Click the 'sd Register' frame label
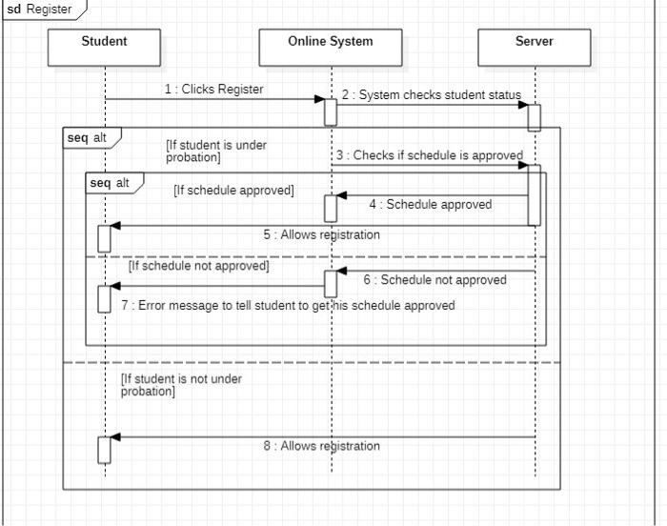pyautogui.click(x=40, y=9)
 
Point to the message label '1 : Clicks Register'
pyautogui.click(x=213, y=90)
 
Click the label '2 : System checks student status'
pyautogui.click(x=432, y=95)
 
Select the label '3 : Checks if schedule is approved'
pyautogui.click(x=429, y=155)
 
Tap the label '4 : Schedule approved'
pyautogui.click(x=431, y=204)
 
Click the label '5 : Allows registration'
pyautogui.click(x=322, y=234)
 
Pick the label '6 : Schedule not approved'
pyautogui.click(x=435, y=280)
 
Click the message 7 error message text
pyautogui.click(x=288, y=306)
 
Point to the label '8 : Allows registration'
pyautogui.click(x=322, y=446)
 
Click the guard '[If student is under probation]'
pyautogui.click(x=215, y=151)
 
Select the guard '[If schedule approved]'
pyautogui.click(x=233, y=190)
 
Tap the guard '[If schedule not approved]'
pyautogui.click(x=199, y=267)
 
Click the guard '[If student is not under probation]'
pyautogui.click(x=181, y=385)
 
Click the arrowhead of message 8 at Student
pyautogui.click(x=115, y=437)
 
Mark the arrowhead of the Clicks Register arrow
pyautogui.click(x=320, y=99)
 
